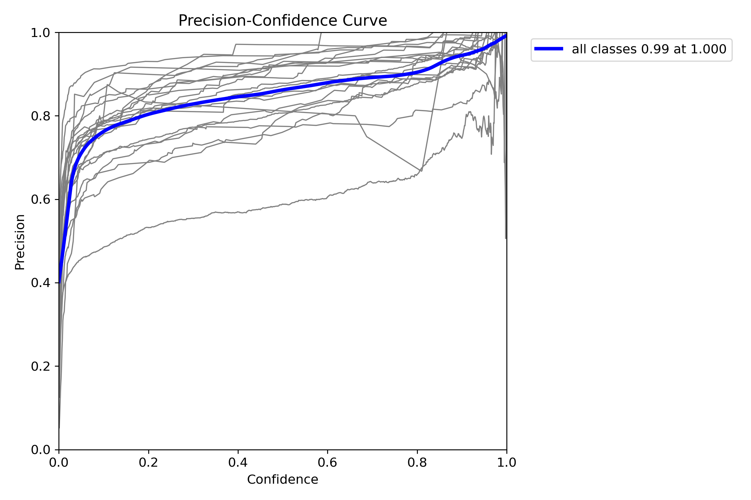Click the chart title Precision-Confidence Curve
[282, 21]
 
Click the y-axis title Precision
[20, 242]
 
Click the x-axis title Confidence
[282, 479]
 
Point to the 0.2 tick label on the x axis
[148, 463]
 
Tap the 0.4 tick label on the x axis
[238, 463]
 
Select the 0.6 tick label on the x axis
[327, 463]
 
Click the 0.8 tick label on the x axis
[417, 463]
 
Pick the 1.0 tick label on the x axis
[506, 463]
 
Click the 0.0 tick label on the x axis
[59, 463]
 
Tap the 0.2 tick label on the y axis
[40, 366]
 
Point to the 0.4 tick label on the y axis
[40, 283]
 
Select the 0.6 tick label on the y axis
[40, 200]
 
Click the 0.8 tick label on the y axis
[40, 116]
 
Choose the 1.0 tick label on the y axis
[40, 33]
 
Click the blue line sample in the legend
[548, 49]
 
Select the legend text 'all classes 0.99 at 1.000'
[649, 49]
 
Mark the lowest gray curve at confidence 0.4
[238, 212]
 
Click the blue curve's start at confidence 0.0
[59, 282]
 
